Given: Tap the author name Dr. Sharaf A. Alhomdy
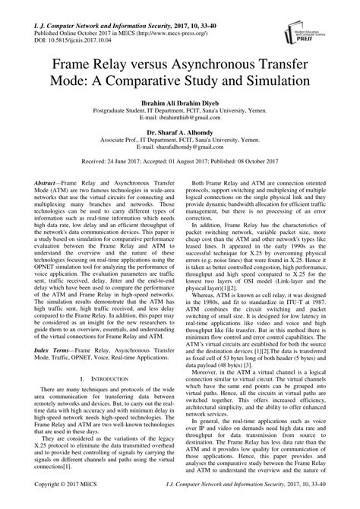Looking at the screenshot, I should click(179, 131).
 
